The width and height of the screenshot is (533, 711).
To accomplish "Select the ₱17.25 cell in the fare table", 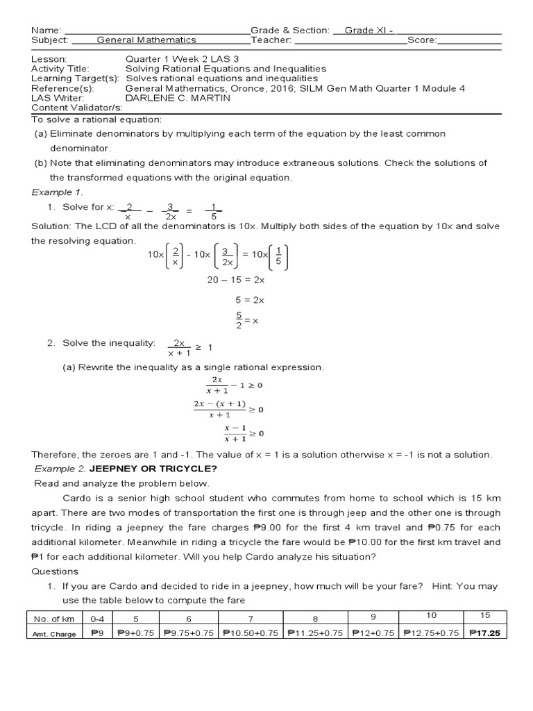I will point(486,633).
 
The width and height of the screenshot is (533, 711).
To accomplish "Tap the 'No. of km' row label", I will point(53,618).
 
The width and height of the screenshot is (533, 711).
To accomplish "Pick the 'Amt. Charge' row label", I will point(53,633).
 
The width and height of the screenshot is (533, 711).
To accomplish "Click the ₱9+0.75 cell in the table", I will point(135,633).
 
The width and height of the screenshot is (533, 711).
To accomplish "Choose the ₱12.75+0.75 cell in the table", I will point(430,633).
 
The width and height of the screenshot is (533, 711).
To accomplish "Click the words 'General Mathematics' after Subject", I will point(146,40).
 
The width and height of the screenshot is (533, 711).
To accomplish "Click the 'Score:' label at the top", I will point(422,40).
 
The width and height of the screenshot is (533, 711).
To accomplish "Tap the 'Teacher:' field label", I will point(273,40).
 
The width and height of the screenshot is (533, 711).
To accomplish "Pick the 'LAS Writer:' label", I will point(58,98).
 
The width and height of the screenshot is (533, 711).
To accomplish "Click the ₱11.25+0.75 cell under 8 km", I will point(314,633).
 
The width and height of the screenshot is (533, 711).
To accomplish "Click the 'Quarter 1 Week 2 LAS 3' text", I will point(177,60).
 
